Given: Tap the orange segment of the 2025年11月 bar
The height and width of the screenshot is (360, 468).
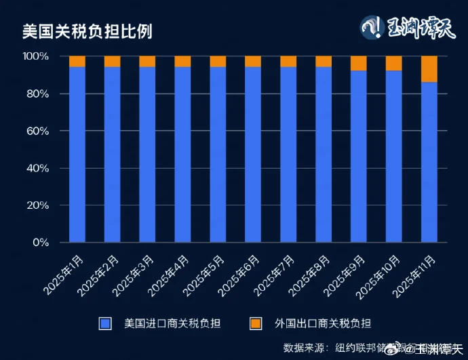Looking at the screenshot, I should [x=429, y=69].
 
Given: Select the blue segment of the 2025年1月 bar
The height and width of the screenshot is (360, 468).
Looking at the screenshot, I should [x=77, y=155].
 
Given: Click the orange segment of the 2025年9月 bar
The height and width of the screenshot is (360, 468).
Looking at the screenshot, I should [x=359, y=63].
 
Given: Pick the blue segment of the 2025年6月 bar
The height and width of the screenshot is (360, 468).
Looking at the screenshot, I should [x=253, y=155].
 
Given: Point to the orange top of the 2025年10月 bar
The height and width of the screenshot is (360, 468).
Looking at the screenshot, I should [x=394, y=63].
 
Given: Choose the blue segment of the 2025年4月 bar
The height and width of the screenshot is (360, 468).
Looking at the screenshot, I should [x=182, y=155].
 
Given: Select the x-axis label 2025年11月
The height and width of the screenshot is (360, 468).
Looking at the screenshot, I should [x=411, y=277].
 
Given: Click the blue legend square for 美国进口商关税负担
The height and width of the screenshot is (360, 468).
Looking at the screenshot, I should [x=104, y=323].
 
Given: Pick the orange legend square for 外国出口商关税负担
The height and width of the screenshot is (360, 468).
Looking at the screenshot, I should [x=256, y=323].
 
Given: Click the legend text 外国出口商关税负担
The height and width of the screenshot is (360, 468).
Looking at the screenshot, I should [x=323, y=323].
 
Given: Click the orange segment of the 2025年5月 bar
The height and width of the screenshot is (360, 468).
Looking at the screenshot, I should [x=218, y=61].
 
